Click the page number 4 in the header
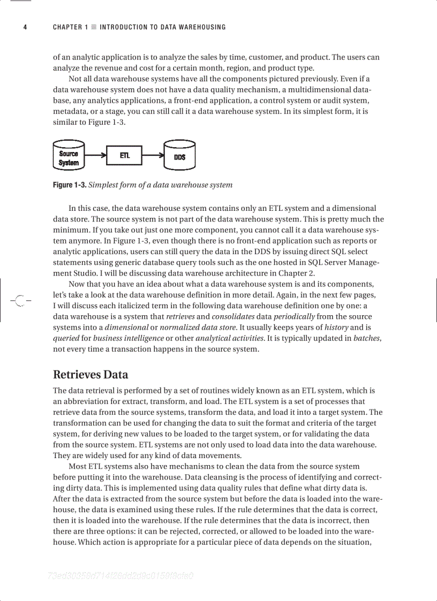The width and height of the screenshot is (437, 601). coord(25,27)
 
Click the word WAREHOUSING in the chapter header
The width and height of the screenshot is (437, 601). coord(200,27)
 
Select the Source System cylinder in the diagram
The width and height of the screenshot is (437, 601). coord(69,156)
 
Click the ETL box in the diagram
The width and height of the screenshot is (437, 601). coord(125,156)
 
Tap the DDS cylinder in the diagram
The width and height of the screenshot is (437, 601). coord(179,156)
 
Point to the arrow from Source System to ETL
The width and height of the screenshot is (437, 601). coord(96,156)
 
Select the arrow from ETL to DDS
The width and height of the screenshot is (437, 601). coord(153,156)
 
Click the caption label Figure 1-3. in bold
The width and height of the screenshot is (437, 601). coord(69,185)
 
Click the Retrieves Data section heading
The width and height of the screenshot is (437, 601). coord(91,374)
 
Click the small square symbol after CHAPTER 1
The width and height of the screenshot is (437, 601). coord(94,27)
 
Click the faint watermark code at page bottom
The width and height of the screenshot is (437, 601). coord(120,576)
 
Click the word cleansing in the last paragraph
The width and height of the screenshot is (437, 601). coord(217,477)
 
